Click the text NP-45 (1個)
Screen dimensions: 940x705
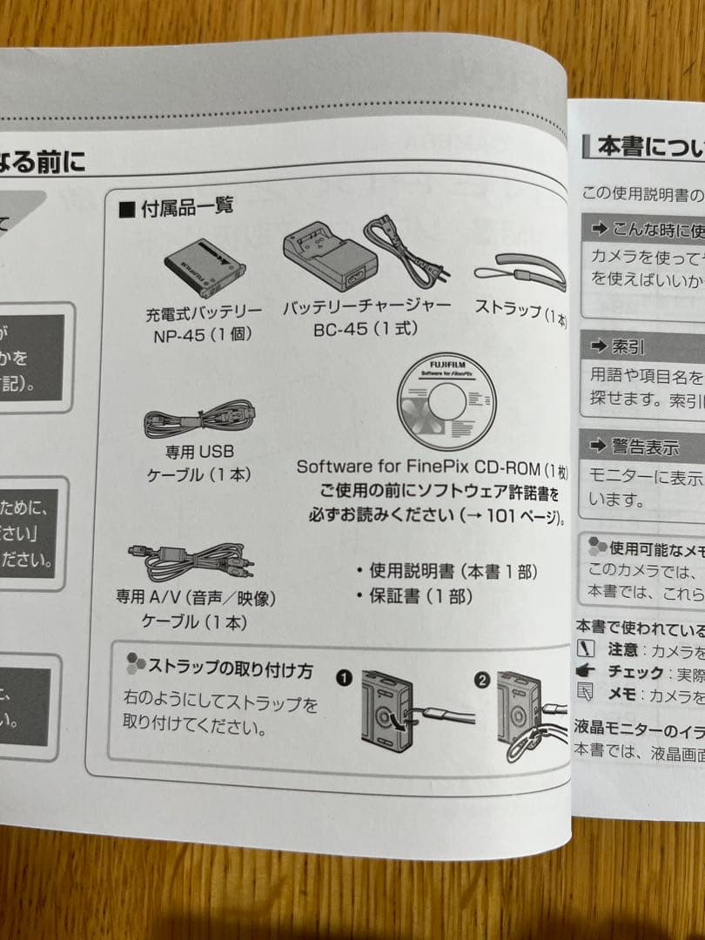tap(203, 334)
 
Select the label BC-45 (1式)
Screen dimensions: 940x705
tap(366, 329)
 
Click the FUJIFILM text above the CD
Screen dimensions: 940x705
tap(447, 360)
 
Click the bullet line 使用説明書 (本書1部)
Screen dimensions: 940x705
tap(444, 571)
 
